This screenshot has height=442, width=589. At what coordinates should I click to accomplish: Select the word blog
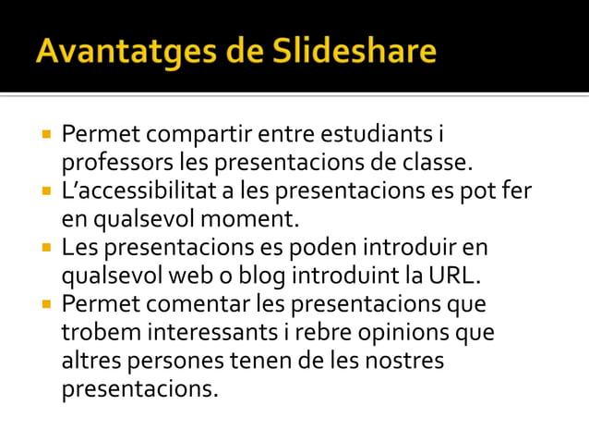click(261, 276)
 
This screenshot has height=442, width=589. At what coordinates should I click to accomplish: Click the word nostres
click(403, 361)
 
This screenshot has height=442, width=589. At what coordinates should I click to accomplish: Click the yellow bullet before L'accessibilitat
click(45, 192)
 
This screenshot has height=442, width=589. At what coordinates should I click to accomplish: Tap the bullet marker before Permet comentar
click(45, 305)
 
